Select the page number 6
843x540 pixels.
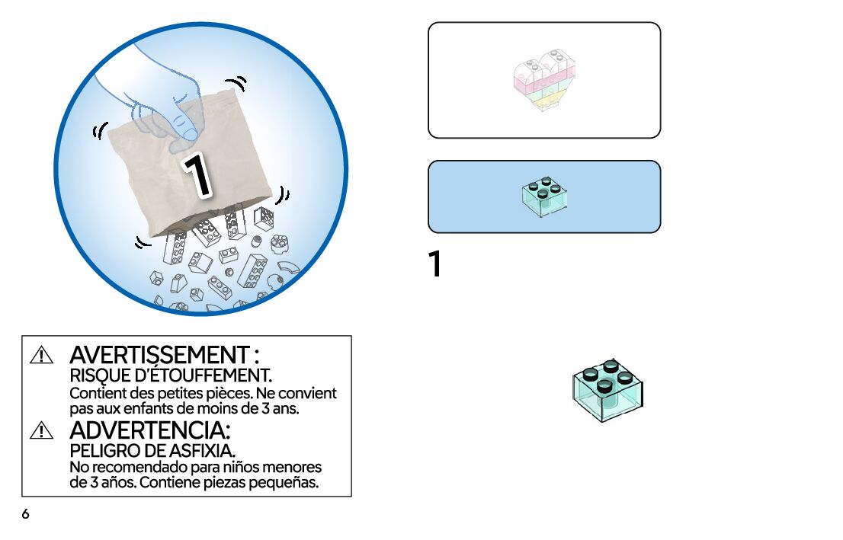[25, 515]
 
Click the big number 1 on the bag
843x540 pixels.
[197, 175]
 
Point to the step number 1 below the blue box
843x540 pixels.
[435, 264]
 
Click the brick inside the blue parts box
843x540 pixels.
[544, 197]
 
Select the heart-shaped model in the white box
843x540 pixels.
[544, 80]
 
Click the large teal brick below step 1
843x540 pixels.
[607, 389]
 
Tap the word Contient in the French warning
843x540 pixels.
[97, 394]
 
